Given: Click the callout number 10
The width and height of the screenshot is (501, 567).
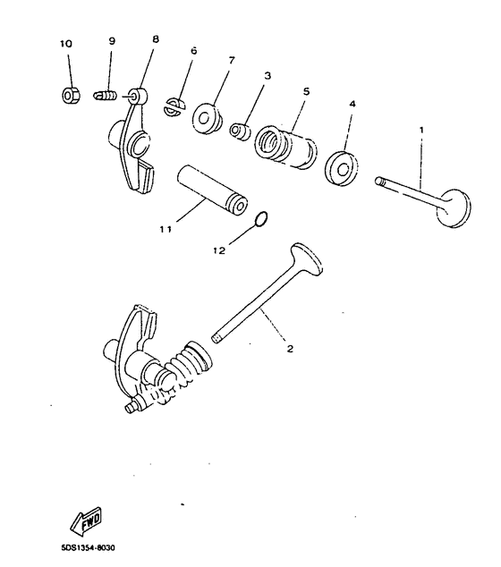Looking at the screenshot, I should (x=67, y=44).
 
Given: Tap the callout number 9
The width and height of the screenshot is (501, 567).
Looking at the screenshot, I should (x=112, y=42).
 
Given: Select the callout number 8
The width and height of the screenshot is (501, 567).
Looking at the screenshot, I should (x=156, y=40).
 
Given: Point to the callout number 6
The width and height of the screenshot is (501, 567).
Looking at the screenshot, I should (x=192, y=51).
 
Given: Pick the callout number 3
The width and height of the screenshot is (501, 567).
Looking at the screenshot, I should (x=267, y=77).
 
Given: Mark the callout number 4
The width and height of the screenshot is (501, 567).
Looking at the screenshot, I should (x=352, y=105).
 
